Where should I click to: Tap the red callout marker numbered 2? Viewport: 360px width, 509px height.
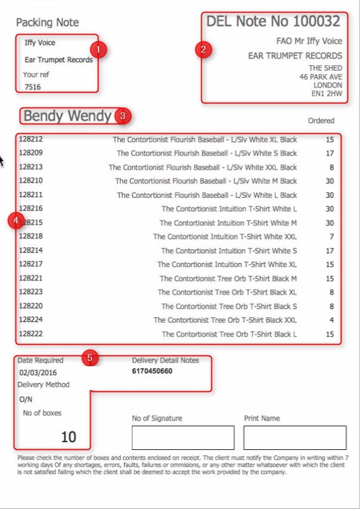pos(203,50)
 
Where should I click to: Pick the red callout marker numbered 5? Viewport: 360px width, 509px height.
pos(90,358)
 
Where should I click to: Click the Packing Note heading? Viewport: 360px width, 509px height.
pos(47,23)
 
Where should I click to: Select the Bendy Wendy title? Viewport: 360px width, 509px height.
pos(67,115)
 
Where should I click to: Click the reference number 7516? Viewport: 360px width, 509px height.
pos(33,87)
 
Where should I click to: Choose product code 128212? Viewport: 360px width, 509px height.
pos(31,139)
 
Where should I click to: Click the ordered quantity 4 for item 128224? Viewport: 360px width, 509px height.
pos(330,320)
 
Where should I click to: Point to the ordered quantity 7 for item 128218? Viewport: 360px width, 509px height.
pos(330,237)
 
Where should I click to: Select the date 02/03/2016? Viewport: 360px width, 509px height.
pos(37,372)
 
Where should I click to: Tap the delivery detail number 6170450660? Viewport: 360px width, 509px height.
pos(152,371)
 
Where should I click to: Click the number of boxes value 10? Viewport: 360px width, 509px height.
pos(69,437)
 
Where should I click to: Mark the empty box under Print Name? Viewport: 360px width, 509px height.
pos(295,437)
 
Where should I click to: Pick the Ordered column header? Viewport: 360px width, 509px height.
pos(321,121)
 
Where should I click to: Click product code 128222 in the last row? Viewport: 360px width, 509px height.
pos(31,334)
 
